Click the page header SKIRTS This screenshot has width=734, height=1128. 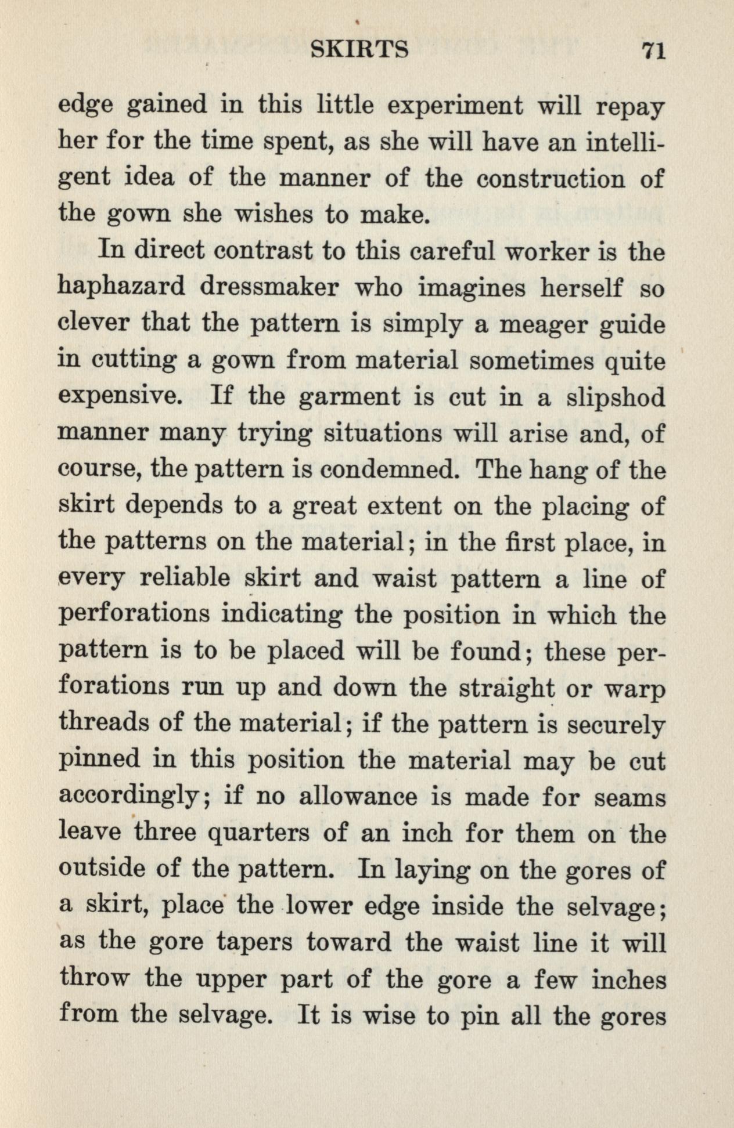click(x=359, y=51)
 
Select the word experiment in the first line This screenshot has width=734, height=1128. click(x=455, y=106)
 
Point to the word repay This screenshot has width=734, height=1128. click(x=630, y=108)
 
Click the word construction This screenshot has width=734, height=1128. click(x=550, y=179)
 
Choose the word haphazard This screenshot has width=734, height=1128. click(x=121, y=288)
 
